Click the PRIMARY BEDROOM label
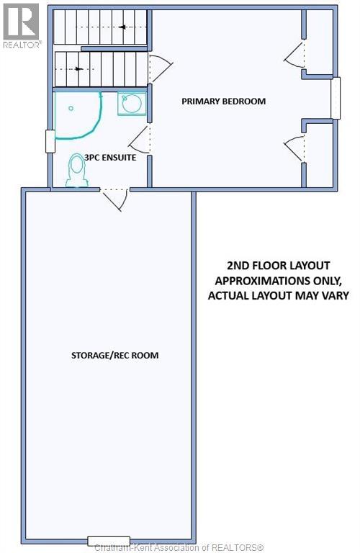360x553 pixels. (223, 102)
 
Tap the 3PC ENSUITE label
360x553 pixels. (110, 157)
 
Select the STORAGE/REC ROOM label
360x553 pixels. (115, 355)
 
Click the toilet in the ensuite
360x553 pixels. (76, 170)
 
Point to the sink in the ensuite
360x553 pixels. (132, 104)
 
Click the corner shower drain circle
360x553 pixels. (71, 109)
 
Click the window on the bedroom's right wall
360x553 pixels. (336, 98)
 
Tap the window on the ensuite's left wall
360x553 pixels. (50, 141)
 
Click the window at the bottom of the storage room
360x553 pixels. (109, 541)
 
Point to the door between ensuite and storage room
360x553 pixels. (114, 199)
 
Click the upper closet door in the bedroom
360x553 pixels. (294, 53)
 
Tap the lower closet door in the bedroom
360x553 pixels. (294, 148)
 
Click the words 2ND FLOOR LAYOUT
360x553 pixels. (279, 266)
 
